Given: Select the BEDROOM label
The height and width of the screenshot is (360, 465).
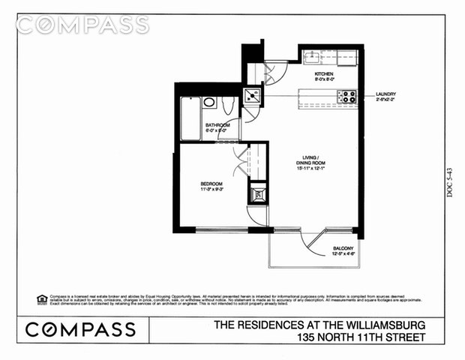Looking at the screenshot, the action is [x=211, y=183].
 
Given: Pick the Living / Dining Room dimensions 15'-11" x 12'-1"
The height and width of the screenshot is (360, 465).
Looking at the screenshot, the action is [x=311, y=169].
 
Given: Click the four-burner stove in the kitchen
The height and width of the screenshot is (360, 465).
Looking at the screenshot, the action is [x=348, y=97].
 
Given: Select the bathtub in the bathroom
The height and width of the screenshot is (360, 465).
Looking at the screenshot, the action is [x=190, y=118].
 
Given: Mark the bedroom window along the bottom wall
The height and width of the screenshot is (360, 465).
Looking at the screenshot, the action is [x=214, y=228].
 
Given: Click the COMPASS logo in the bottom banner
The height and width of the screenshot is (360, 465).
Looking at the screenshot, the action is [x=81, y=329].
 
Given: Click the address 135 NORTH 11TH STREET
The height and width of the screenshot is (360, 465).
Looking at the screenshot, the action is [x=361, y=337].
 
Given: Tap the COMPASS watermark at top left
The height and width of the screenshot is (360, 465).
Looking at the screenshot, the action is [x=82, y=25].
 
